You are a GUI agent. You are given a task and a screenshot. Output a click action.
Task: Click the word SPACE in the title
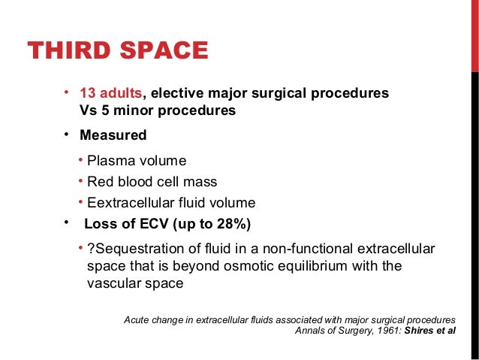[162, 50]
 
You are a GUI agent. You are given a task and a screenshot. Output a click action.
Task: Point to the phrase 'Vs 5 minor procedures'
[157, 110]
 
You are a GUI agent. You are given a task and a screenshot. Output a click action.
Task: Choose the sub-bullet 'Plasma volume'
[136, 161]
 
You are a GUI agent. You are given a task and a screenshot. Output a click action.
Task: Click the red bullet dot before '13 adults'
[66, 93]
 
